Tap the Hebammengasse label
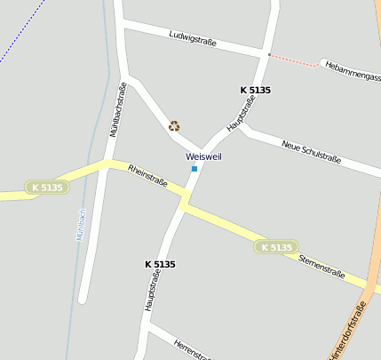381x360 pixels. click(352, 72)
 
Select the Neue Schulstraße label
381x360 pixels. click(311, 151)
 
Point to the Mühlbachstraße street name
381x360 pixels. click(118, 108)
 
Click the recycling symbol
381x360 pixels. click(174, 126)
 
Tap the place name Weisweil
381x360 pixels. click(203, 156)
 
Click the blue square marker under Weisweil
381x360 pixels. click(194, 168)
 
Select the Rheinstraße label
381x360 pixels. click(147, 175)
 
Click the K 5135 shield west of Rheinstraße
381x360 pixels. click(47, 188)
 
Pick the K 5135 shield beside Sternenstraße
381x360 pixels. click(276, 247)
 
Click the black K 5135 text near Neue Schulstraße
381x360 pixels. click(256, 91)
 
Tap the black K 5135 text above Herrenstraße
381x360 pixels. click(160, 264)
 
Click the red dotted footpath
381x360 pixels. click(296, 60)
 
